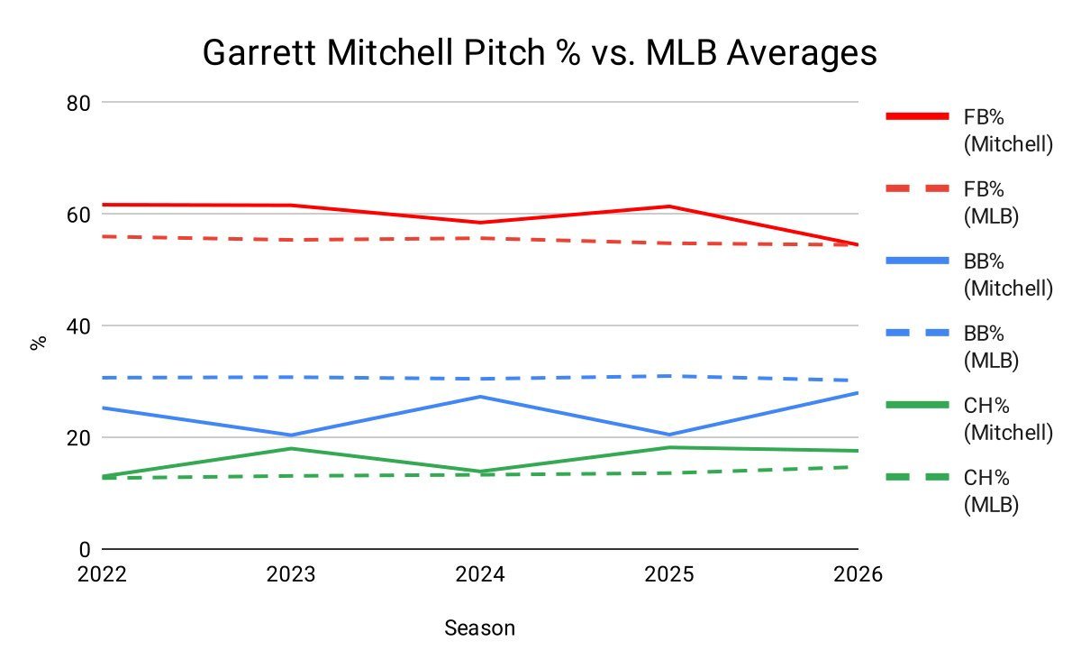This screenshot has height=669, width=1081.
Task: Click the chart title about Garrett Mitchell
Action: [540, 53]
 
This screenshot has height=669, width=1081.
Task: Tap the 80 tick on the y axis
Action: [80, 103]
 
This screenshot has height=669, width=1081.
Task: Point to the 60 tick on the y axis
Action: [80, 215]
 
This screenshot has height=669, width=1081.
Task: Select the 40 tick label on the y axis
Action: [80, 326]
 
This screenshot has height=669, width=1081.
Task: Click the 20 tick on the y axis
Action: [80, 438]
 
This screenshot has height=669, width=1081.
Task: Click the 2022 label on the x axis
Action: [103, 575]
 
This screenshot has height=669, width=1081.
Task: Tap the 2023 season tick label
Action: [291, 575]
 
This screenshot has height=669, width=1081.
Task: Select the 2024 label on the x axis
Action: [480, 575]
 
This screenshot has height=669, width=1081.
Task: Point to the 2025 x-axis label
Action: [668, 575]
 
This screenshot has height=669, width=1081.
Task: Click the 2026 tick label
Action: [857, 575]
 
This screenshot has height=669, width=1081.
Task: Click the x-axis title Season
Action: [479, 628]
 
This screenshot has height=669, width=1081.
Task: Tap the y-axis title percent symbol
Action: [38, 343]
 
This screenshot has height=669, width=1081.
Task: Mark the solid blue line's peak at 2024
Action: [480, 397]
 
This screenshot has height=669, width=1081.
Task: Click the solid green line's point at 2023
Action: [291, 448]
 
